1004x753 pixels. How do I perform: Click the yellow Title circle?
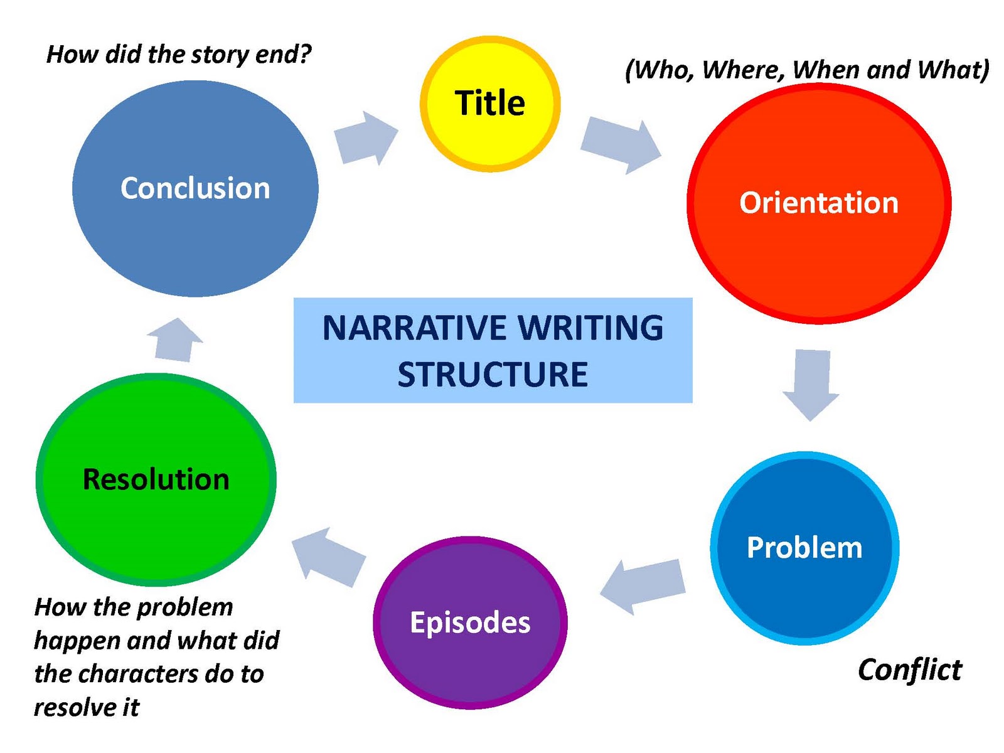point(490,104)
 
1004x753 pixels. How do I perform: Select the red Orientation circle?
point(819,204)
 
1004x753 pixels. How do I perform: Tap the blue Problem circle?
point(804,548)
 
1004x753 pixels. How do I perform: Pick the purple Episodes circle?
point(470,622)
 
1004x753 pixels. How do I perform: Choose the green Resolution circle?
point(156,479)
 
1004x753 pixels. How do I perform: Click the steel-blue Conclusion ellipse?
point(195,188)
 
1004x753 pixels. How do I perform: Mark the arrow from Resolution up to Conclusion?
point(174,339)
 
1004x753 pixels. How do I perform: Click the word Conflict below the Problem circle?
point(909,670)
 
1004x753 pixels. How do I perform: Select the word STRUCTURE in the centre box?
point(493,375)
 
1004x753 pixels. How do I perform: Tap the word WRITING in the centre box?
point(590,328)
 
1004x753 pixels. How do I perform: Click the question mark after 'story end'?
point(304,55)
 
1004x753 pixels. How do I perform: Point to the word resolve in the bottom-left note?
point(75,707)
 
